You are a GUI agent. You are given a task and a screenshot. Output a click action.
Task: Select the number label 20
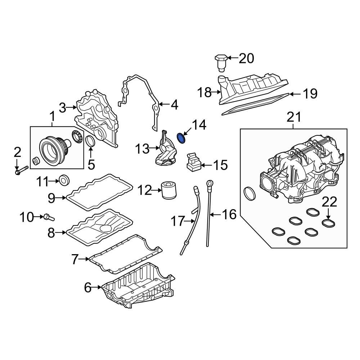point(246,58)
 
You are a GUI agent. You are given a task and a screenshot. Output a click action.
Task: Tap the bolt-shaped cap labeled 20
point(220,62)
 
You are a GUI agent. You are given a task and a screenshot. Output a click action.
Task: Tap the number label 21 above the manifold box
point(293,117)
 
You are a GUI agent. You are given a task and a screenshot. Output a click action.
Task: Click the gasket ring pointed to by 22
point(328,223)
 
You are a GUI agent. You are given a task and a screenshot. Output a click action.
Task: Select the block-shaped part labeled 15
point(193,162)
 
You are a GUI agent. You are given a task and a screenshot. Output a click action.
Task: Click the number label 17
point(177,221)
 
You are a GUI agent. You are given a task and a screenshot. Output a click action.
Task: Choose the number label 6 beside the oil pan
point(88,287)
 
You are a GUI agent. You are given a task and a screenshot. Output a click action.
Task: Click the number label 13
point(142,148)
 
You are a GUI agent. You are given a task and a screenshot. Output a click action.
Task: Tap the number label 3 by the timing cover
point(63,107)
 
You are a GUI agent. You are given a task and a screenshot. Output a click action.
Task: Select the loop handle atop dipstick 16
point(208,185)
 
